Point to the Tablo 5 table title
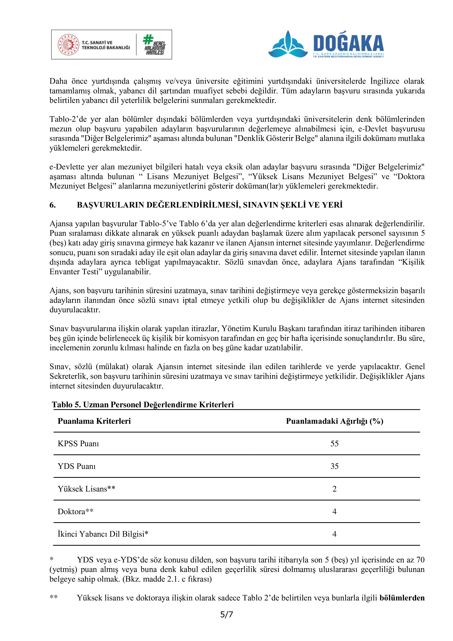[143, 405]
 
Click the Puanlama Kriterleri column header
[94, 421]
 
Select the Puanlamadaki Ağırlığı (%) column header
[335, 421]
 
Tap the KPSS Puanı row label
[78, 444]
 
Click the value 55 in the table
[335, 444]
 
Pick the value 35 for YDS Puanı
[335, 466]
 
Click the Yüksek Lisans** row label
[87, 489]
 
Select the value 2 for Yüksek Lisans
[335, 489]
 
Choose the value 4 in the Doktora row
[335, 511]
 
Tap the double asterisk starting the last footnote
[53, 598]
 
